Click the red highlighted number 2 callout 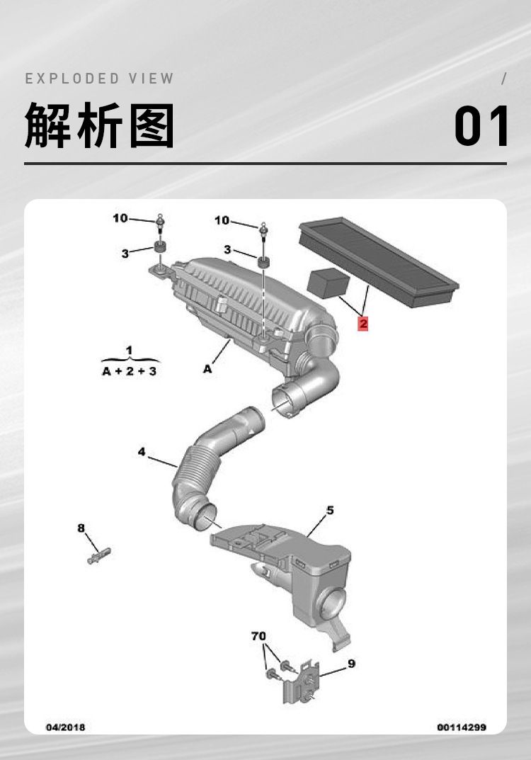pos(363,323)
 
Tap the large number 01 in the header pos(481,126)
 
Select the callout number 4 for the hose pos(142,452)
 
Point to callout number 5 pos(330,511)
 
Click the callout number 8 pos(81,528)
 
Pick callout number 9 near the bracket pos(352,664)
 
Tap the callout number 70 pos(258,635)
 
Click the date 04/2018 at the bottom pos(65,727)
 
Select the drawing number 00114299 pos(462,727)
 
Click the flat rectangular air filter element pos(379,262)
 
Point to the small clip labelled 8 pos(99,555)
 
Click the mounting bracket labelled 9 pos(299,683)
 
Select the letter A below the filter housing pos(207,369)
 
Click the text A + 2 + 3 pos(130,371)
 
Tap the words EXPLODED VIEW pos(99,79)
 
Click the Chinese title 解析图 pos(99,125)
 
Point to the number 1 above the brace pos(129,350)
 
